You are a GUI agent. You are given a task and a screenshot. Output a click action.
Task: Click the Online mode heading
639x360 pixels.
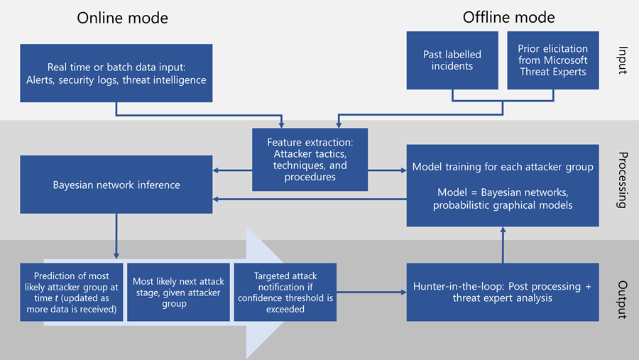123,17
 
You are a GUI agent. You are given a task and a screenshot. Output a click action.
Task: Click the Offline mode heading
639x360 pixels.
508,17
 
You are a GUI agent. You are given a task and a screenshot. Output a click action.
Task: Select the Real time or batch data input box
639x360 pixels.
116,73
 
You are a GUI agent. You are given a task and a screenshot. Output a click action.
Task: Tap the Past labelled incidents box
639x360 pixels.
453,60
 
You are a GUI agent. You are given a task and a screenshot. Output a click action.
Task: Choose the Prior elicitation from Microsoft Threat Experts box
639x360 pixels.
553,60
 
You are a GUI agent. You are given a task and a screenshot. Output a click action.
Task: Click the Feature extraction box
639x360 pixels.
310,160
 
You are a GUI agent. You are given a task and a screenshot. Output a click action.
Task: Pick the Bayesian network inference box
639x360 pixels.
116,185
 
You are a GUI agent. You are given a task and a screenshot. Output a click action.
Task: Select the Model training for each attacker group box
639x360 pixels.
503,185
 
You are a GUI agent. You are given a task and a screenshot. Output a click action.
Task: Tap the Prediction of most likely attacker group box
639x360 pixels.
70,292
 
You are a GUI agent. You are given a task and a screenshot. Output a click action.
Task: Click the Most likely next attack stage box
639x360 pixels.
177,292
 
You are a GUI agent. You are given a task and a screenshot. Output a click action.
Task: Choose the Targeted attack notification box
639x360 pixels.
284,292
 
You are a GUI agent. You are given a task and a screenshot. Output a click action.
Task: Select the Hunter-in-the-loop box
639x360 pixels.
503,292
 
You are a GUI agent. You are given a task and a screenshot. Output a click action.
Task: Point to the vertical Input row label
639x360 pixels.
622,60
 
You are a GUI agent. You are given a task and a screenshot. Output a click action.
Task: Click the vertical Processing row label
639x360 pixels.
622,180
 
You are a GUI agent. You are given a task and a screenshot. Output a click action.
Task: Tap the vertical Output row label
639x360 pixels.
622,299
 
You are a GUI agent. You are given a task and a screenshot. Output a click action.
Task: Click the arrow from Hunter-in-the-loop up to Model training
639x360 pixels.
503,244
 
